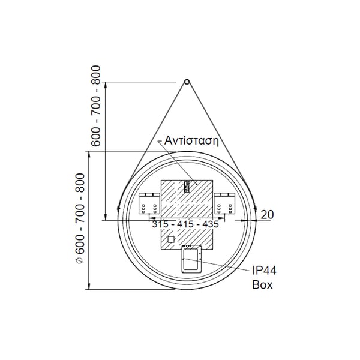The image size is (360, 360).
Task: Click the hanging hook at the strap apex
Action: (187, 81)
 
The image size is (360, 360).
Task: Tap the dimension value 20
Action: (268, 214)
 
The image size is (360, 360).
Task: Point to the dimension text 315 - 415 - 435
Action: (185, 224)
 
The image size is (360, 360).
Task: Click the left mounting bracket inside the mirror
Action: (149, 203)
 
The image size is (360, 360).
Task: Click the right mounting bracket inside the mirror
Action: (224, 203)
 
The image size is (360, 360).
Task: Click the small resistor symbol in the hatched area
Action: (187, 187)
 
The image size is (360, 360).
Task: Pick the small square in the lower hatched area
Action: (171, 239)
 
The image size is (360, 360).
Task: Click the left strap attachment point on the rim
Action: (119, 208)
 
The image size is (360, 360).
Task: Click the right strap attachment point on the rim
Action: (254, 208)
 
